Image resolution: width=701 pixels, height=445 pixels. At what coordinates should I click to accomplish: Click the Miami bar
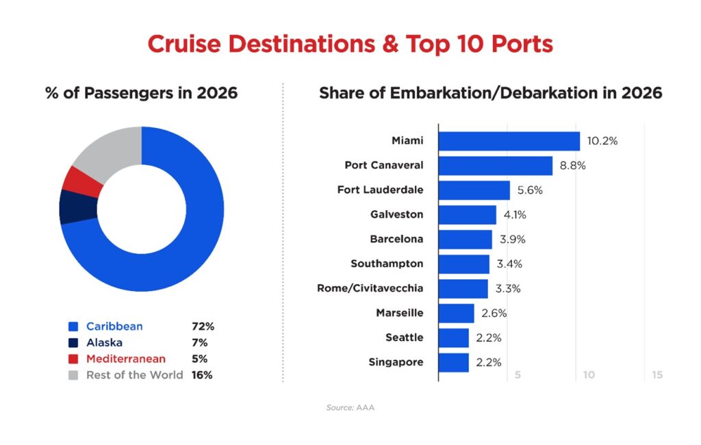509,141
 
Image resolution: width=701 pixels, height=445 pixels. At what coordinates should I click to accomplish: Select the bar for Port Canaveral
495,166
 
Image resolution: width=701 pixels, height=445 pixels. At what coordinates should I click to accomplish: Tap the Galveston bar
467,215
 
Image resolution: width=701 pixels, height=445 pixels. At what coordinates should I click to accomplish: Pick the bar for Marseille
456,314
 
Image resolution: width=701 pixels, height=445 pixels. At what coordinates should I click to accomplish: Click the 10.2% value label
602,141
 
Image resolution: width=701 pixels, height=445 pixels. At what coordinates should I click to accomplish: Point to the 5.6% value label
528,190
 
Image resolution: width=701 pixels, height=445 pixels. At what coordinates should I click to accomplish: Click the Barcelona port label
396,240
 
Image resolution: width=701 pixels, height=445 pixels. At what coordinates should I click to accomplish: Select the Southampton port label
387,264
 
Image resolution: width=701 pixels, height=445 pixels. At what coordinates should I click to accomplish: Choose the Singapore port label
396,363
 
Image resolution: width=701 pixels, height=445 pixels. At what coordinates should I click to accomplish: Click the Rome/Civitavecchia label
370,289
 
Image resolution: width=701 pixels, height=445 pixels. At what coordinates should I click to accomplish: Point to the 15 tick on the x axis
657,375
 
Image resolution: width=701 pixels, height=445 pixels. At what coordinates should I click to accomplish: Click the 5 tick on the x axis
518,375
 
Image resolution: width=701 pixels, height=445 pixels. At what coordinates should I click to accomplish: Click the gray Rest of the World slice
110,152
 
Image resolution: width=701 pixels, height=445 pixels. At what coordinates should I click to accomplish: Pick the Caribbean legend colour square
73,327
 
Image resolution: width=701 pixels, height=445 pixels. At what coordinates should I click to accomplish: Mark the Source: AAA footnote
350,408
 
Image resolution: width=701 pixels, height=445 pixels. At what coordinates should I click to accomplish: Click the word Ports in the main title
517,44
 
